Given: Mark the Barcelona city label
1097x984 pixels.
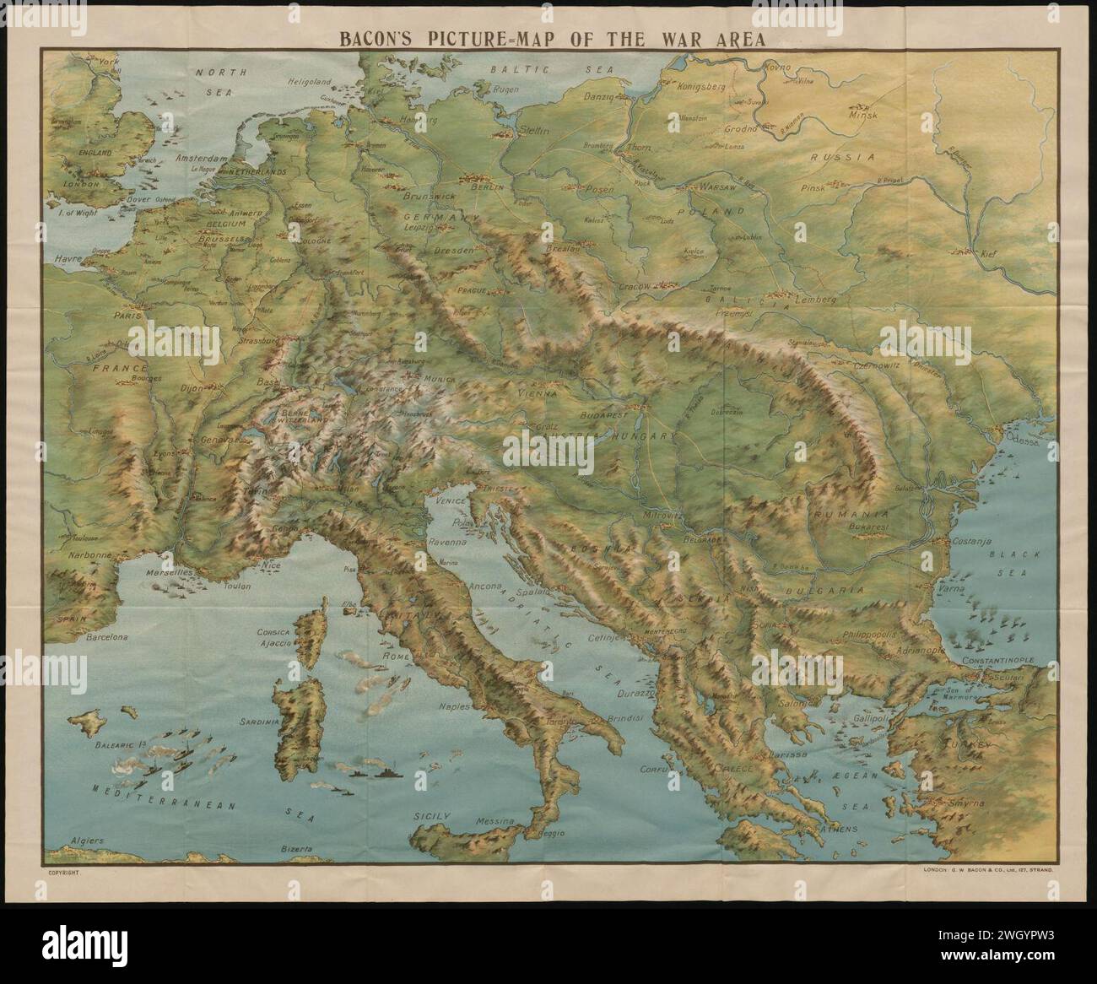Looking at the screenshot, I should pyautogui.click(x=105, y=638).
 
